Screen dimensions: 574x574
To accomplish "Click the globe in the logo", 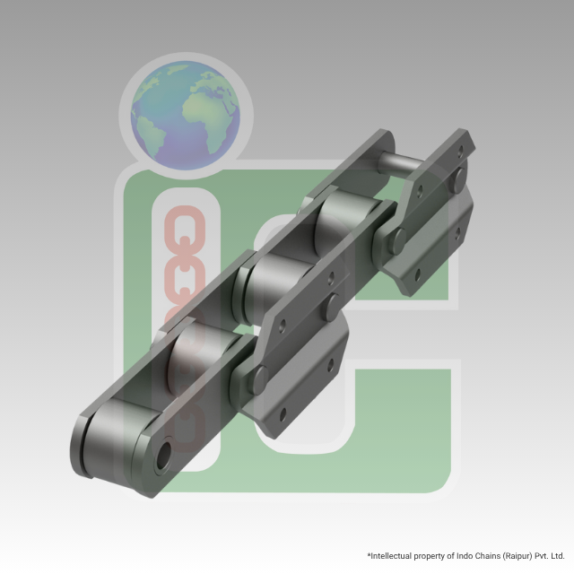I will tap(186, 114).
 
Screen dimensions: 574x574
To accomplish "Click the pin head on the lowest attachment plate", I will tap(260, 377).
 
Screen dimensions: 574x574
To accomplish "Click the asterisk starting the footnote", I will tap(369, 556).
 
